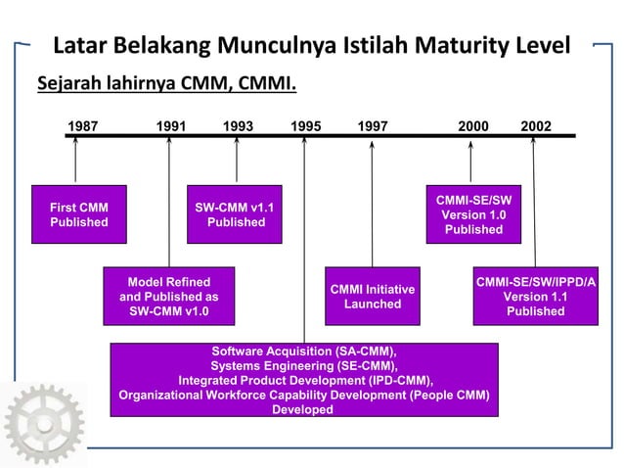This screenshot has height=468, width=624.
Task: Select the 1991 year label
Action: pyautogui.click(x=172, y=125)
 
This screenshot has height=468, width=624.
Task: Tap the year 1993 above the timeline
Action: pyautogui.click(x=239, y=125)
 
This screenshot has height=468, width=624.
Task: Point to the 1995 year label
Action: pyautogui.click(x=306, y=125)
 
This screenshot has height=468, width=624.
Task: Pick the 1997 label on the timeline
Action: pyautogui.click(x=373, y=125)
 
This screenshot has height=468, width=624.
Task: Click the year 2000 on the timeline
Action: pyautogui.click(x=473, y=125)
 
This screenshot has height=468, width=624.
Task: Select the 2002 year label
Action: pyautogui.click(x=535, y=125)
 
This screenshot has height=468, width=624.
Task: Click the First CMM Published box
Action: pyautogui.click(x=79, y=214)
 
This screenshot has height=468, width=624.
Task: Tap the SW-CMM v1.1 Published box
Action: pyautogui.click(x=236, y=214)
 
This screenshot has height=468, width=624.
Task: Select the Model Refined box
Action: pyautogui.click(x=169, y=296)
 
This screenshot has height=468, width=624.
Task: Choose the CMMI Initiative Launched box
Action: pyautogui.click(x=373, y=296)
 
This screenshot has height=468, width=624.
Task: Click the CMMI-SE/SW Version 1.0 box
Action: pyautogui.click(x=473, y=214)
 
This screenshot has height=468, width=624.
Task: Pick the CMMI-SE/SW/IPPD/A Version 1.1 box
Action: pyautogui.click(x=535, y=296)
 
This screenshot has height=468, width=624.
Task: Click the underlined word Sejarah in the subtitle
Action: pyautogui.click(x=71, y=81)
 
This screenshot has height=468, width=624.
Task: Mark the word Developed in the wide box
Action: pyautogui.click(x=303, y=410)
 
